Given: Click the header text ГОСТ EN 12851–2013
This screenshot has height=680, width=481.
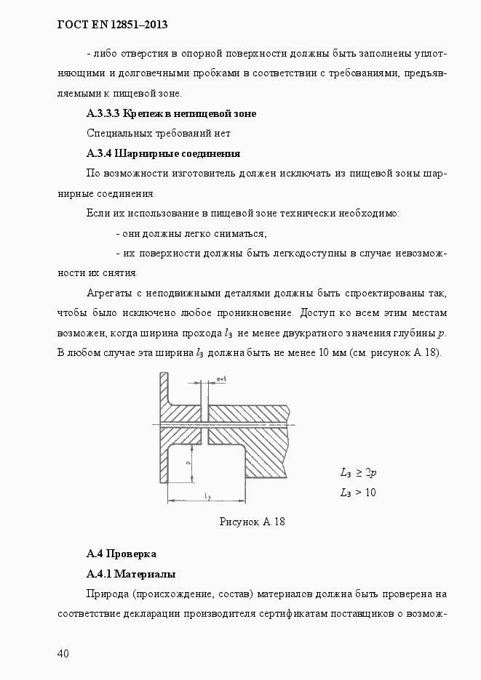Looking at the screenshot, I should coord(112,25).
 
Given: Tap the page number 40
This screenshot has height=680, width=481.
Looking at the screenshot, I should coord(63,654).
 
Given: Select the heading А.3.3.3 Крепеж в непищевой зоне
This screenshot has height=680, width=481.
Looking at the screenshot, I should coord(171,113).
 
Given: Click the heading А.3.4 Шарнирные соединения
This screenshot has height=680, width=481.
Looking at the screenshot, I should coord(163,153).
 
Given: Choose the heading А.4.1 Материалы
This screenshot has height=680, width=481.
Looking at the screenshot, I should coord(130,574).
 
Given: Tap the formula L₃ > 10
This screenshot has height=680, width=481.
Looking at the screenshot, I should coord(357,493).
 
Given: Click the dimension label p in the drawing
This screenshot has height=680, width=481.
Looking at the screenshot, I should coord(188,462).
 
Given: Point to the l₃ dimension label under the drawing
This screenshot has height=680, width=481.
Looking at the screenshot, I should coord(207,496).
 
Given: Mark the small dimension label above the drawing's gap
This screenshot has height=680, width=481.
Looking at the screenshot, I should coord(222,379).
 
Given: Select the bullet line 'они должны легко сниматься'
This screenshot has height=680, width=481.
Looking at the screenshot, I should coord(191,233).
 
